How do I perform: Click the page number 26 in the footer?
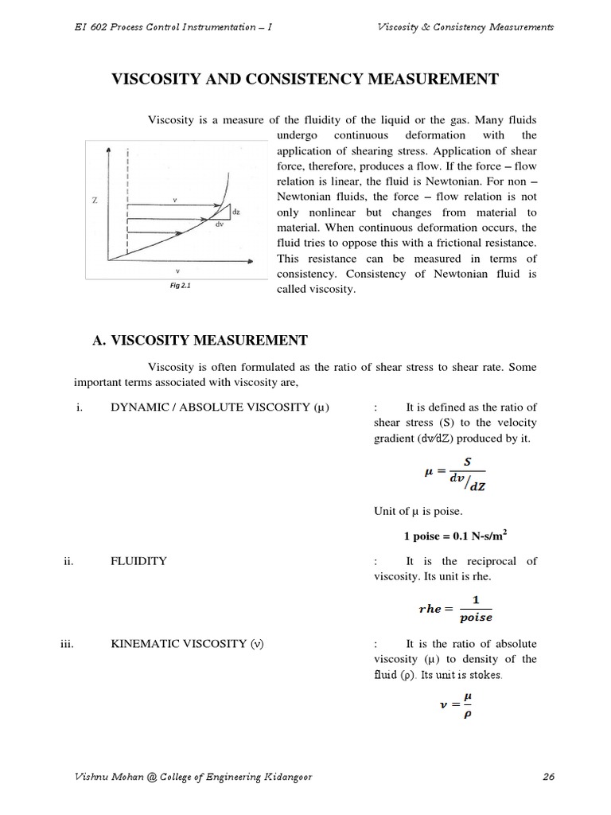coord(547,778)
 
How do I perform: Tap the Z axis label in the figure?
coord(95,201)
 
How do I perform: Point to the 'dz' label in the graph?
coord(237,212)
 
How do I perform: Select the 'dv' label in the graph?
coord(219,224)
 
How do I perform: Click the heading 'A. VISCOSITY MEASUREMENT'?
coord(200,341)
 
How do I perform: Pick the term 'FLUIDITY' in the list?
coord(138,560)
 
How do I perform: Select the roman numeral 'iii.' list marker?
coord(67,643)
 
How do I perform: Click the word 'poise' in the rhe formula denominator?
coord(476,617)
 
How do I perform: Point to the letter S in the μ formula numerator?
coord(456,462)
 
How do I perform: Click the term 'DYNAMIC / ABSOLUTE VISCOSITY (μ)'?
coord(220,407)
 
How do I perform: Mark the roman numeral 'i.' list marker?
coord(79,407)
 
